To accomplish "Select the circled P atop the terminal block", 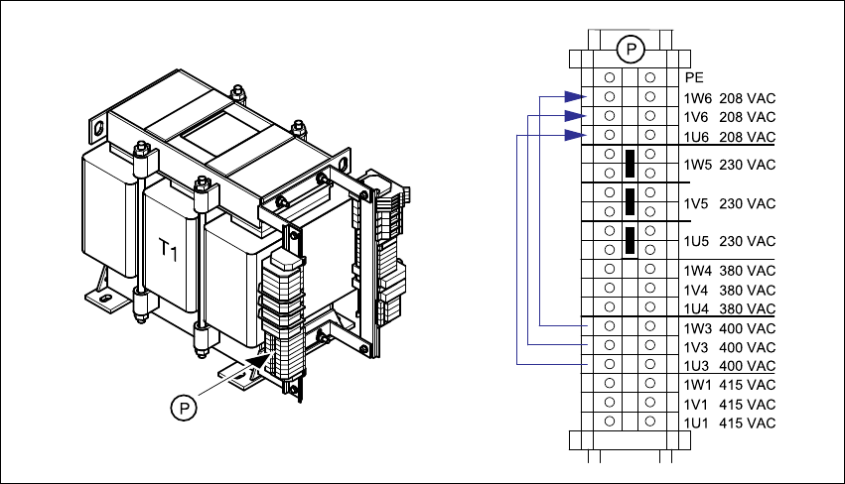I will [630, 48].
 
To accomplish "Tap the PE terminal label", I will [693, 77].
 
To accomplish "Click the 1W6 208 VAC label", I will [729, 98].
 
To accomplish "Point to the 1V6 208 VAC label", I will [729, 117].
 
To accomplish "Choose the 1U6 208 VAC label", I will [729, 136].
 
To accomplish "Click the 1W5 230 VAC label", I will [729, 164].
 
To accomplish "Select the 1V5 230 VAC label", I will [729, 203].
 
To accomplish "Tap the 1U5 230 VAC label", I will [729, 241].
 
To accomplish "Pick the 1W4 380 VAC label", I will [729, 271].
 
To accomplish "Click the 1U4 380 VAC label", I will [729, 308].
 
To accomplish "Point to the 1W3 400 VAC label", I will [729, 328].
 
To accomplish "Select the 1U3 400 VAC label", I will [729, 366].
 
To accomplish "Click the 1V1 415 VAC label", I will [729, 404].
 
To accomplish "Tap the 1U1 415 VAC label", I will [729, 423].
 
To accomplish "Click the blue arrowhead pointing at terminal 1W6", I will [573, 97].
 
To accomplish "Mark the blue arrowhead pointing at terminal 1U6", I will [573, 135].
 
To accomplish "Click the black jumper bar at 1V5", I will [630, 202].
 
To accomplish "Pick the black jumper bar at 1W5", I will [630, 164].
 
